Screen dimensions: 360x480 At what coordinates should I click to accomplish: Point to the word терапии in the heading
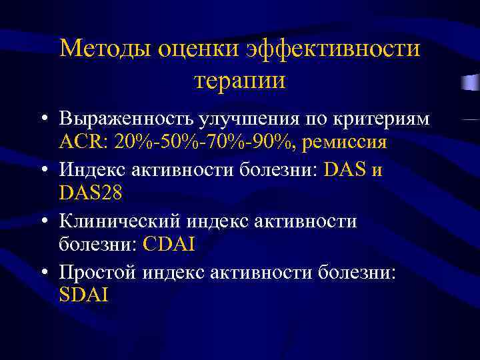(x=240, y=80)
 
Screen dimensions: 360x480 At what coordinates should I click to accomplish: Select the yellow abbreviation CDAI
(x=169, y=245)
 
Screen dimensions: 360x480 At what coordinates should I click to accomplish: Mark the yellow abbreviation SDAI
(x=83, y=295)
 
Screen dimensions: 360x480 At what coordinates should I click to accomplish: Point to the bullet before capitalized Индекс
(x=43, y=170)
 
